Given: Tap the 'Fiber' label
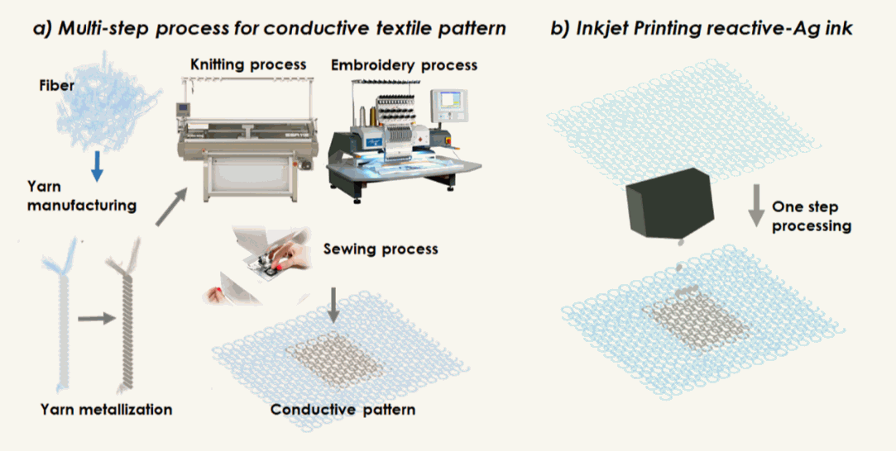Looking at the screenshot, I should click(x=55, y=85).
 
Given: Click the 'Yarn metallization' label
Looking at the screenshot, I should click(x=107, y=409).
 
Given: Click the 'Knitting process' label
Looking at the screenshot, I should click(x=248, y=64).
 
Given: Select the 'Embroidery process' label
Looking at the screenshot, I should click(x=404, y=65).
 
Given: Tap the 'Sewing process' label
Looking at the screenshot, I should click(x=381, y=248).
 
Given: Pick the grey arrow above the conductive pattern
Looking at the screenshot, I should click(x=333, y=304).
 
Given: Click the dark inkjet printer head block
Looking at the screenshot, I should click(x=670, y=202).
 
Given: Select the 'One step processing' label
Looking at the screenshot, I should click(x=812, y=216).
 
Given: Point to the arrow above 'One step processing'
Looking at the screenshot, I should click(x=757, y=206).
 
